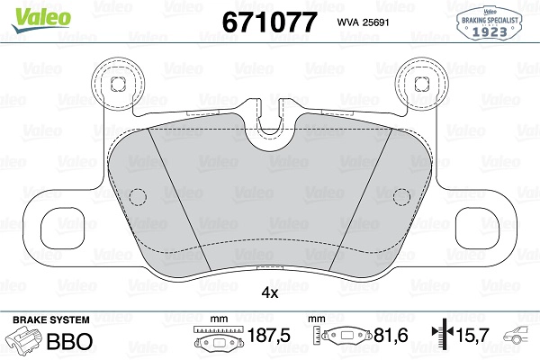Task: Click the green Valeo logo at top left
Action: [x=41, y=19]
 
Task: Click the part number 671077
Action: [x=269, y=22]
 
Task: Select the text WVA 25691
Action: [x=363, y=22]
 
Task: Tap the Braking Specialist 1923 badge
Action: [x=489, y=23]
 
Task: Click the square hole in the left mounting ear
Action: [x=117, y=85]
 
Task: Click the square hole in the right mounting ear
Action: [x=422, y=85]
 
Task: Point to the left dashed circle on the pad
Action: [x=138, y=197]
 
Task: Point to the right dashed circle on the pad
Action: [x=401, y=197]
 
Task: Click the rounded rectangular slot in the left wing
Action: [x=63, y=229]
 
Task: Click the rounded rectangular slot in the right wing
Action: [x=477, y=229]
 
